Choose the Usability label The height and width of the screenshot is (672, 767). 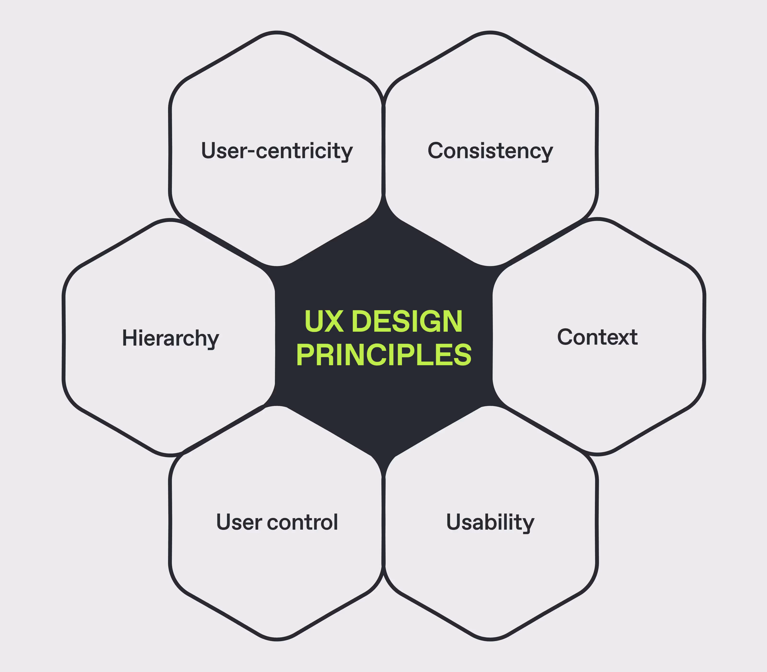(x=490, y=522)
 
